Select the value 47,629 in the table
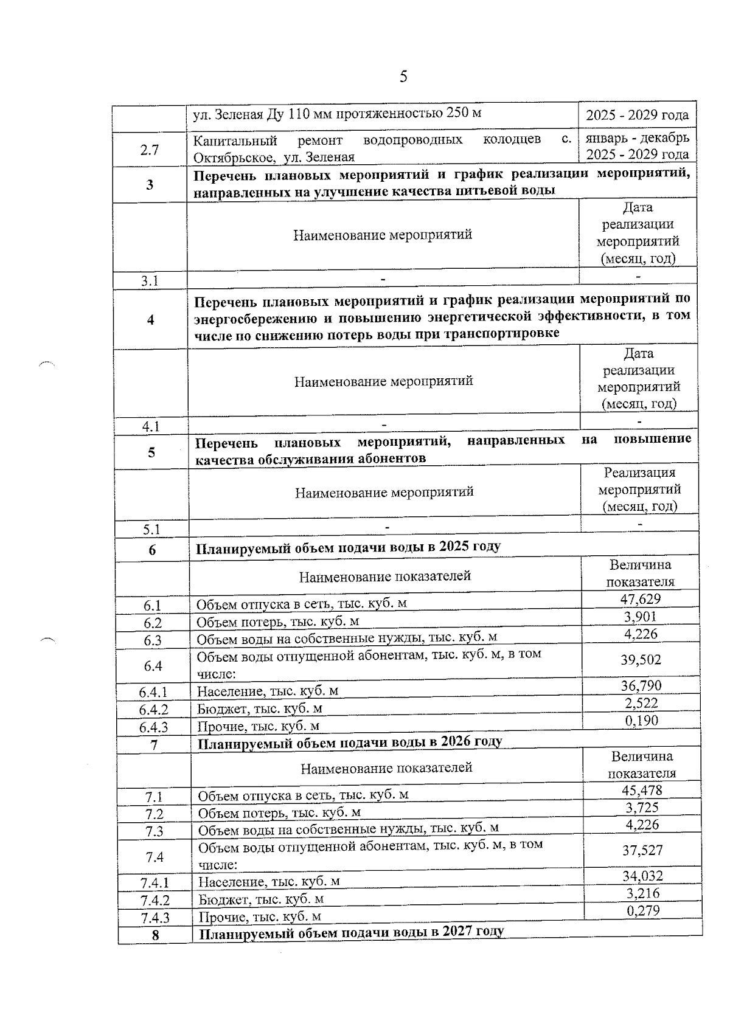(640, 599)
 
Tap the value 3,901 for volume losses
(640, 617)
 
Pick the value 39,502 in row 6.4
(641, 660)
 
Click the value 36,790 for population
(641, 686)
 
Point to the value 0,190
(642, 721)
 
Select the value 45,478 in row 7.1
(642, 791)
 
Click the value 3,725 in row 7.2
(642, 808)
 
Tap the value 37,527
(642, 850)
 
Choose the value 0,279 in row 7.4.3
(643, 910)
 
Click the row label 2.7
(150, 150)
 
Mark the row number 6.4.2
(153, 710)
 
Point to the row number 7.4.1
(155, 882)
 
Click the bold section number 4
(151, 320)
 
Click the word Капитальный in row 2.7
(235, 141)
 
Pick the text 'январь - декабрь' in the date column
(637, 138)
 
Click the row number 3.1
(150, 281)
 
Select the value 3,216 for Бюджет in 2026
(642, 893)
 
